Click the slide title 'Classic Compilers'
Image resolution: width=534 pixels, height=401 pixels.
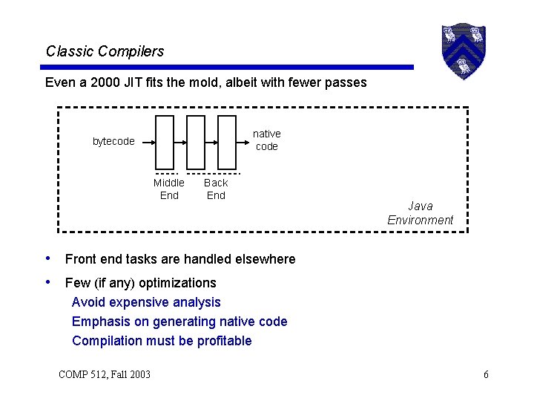point(105,51)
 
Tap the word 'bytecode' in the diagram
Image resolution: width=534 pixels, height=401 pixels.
point(113,141)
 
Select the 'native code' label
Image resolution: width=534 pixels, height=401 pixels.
point(266,140)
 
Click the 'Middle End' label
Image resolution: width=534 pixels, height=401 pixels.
point(169,189)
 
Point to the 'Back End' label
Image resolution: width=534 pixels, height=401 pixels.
point(216,189)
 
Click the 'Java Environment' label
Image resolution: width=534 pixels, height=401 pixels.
point(420,213)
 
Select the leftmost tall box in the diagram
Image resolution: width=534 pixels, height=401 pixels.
point(165,142)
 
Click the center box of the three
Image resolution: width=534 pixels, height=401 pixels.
point(196,142)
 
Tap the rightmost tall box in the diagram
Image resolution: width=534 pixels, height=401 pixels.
point(227,142)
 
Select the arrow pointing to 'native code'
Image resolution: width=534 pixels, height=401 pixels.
point(243,141)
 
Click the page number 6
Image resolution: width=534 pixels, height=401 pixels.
point(486,374)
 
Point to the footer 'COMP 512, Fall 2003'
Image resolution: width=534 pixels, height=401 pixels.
point(105,374)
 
